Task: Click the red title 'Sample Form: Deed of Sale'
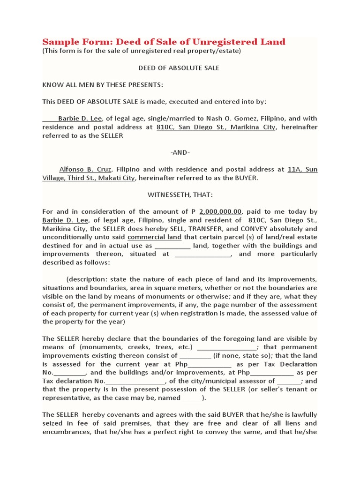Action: pos(164,42)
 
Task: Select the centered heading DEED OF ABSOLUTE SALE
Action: pos(179,68)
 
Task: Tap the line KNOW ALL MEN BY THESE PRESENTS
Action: pos(103,85)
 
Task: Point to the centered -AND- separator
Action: pos(180,152)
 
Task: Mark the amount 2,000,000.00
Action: pos(220,212)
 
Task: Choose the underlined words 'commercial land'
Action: pos(152,237)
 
